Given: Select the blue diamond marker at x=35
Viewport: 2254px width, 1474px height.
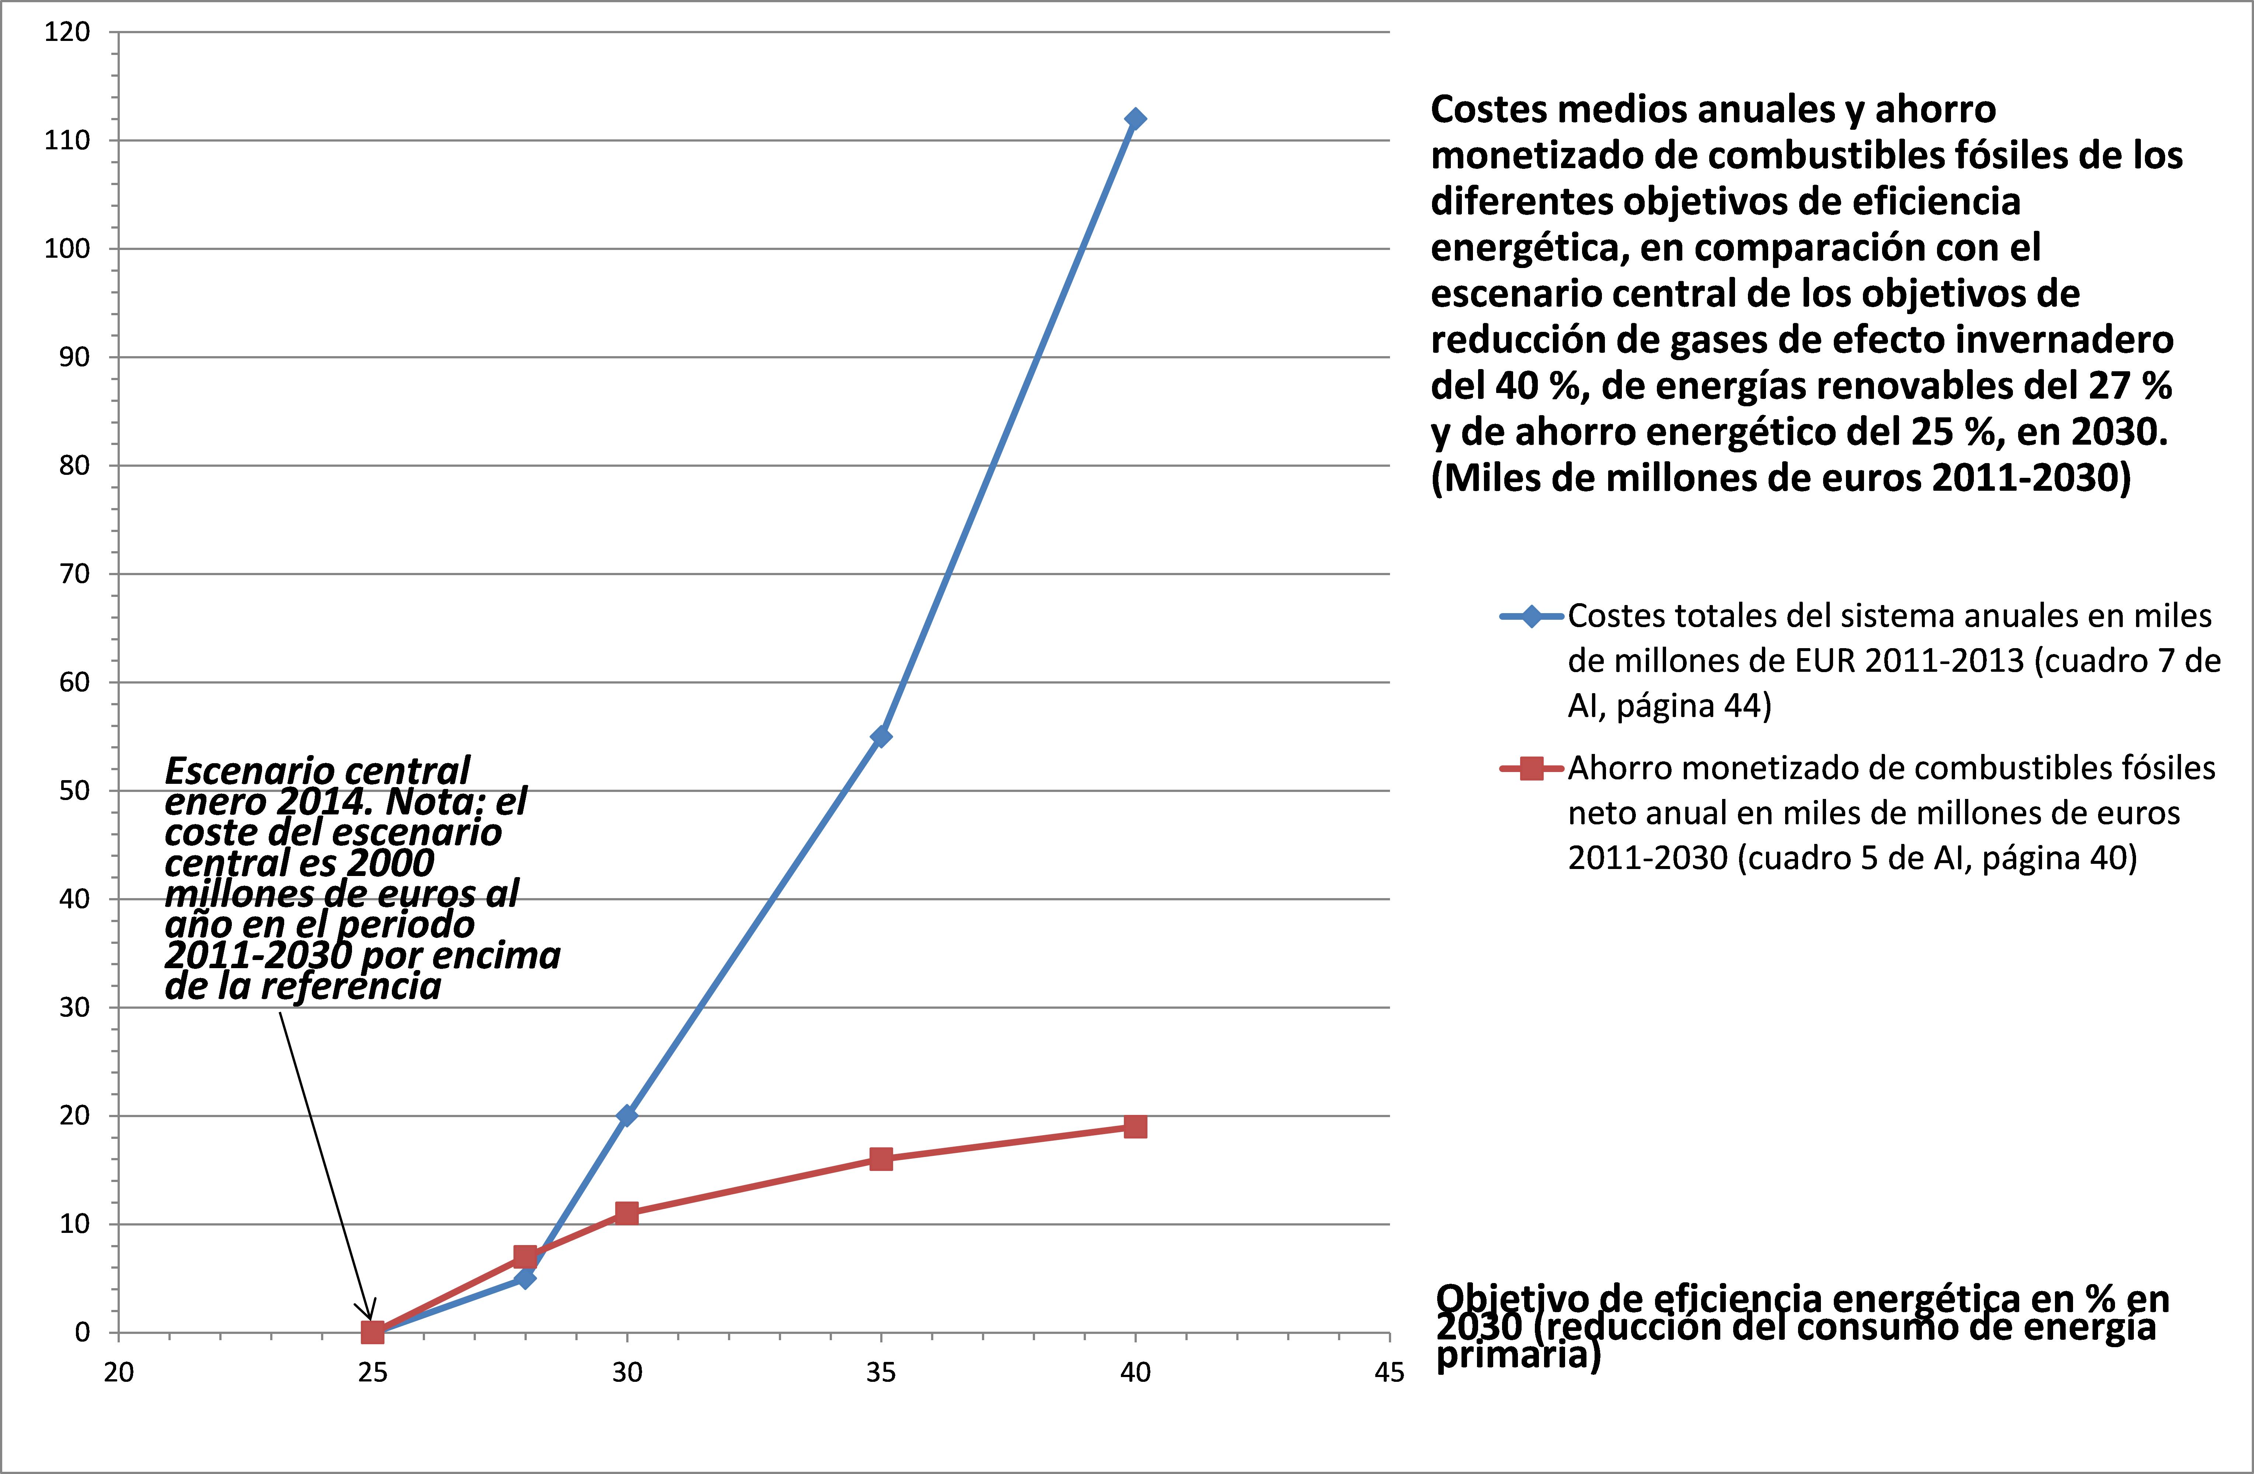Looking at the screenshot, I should point(881,736).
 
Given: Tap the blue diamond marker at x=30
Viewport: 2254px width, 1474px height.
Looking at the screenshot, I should point(626,1116).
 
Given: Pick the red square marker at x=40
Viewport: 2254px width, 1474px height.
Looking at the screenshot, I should point(1135,1126).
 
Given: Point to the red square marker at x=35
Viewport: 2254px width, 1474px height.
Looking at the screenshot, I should point(881,1158).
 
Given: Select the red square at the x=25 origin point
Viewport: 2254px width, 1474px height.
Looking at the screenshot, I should point(372,1332).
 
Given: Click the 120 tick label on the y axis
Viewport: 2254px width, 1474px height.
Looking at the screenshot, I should point(67,32).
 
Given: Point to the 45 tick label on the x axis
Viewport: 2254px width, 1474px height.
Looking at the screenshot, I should point(1389,1373).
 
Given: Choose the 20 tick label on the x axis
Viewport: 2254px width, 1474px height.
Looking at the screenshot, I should point(118,1373).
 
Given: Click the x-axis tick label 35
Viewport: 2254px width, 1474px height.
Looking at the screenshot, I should point(881,1373).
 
